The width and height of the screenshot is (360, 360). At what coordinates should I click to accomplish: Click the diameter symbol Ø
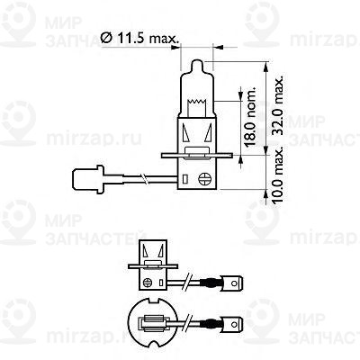tap(106, 37)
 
